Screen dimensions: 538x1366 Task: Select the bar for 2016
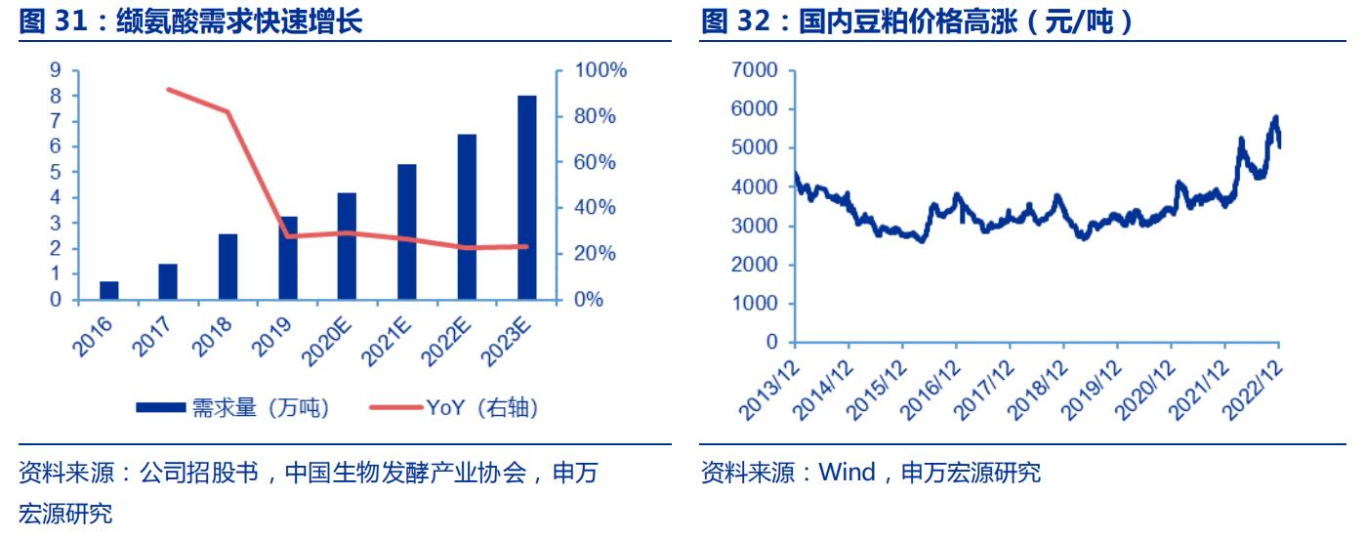[x=109, y=290]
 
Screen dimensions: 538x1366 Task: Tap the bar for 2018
[x=228, y=267]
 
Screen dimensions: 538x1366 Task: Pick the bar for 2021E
[x=407, y=232]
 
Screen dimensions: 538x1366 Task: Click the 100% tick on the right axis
[x=600, y=71]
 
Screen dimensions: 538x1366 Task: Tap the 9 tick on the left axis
[x=56, y=70]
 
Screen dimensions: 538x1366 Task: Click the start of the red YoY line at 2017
[x=169, y=90]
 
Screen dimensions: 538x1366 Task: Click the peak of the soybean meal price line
[x=1275, y=117]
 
